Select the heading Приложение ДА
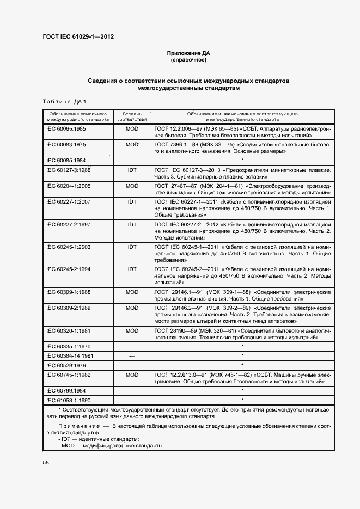point(188,53)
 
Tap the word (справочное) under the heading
point(188,60)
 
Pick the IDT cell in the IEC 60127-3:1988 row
point(132,170)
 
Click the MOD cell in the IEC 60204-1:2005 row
point(132,186)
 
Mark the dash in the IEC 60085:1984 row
point(132,161)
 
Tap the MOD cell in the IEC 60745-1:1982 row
point(132,375)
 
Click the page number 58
point(45,463)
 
